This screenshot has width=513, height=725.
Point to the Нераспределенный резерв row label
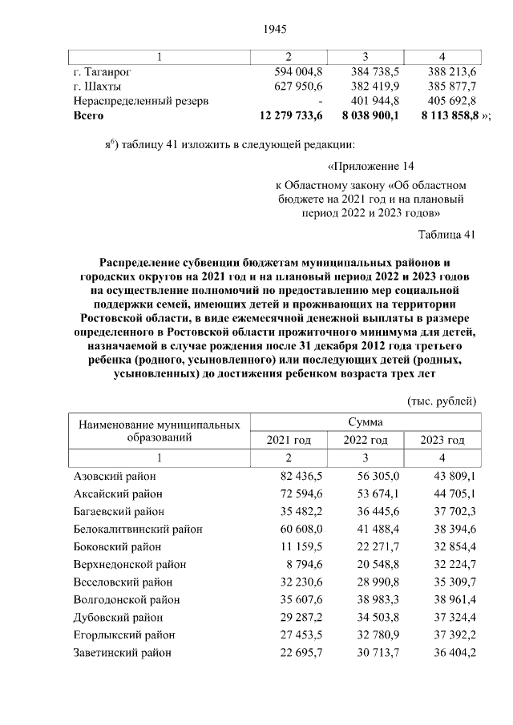click(142, 101)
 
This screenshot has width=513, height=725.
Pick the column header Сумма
click(366, 421)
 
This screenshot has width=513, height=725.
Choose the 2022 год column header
click(366, 441)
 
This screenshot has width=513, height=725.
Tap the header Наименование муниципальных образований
click(160, 430)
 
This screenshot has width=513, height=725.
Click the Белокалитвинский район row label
click(137, 529)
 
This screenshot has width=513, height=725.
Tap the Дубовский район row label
click(117, 618)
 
